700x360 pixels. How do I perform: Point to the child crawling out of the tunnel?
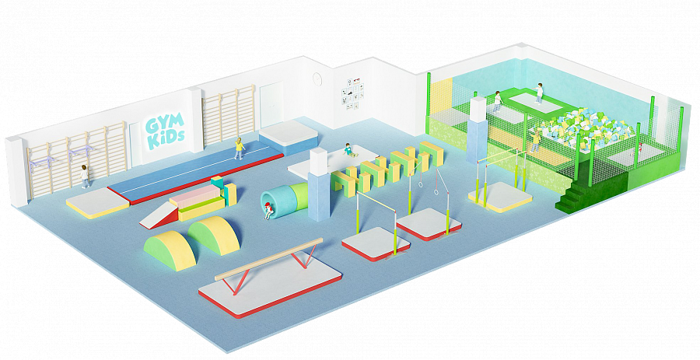(268, 210)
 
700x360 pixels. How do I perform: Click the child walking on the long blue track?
(240, 147)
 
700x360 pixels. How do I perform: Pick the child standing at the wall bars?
(85, 176)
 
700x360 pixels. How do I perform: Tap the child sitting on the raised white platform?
(348, 151)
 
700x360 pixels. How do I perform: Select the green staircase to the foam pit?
(579, 195)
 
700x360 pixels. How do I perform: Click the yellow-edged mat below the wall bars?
(97, 204)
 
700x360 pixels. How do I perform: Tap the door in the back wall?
(271, 108)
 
